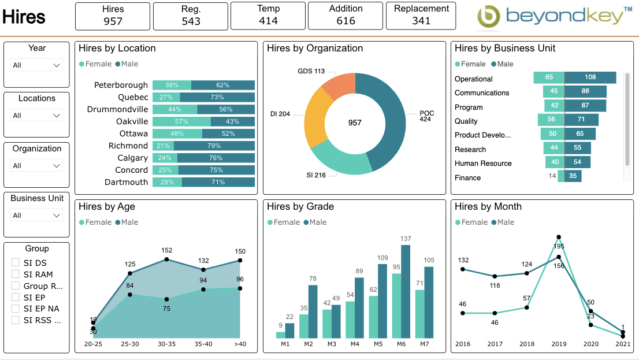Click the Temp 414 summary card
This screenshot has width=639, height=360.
tap(268, 16)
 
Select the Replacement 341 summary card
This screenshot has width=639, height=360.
tap(421, 16)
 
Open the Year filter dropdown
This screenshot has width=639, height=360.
tap(37, 65)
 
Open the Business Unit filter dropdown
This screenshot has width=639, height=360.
tap(37, 216)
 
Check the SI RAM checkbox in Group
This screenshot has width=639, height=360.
tap(16, 274)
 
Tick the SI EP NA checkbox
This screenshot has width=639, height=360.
tap(16, 309)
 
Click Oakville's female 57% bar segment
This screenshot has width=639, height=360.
tap(181, 122)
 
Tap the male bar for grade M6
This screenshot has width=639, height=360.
tap(406, 292)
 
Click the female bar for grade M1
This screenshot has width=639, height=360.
tap(281, 335)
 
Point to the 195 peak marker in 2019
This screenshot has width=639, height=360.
tap(559, 237)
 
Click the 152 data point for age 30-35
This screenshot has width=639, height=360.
tap(167, 259)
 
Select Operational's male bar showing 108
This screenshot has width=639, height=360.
tap(590, 77)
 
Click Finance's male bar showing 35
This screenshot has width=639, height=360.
tap(573, 176)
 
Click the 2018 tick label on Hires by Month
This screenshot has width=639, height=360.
tap(526, 344)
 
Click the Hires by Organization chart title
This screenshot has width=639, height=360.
tap(315, 49)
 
